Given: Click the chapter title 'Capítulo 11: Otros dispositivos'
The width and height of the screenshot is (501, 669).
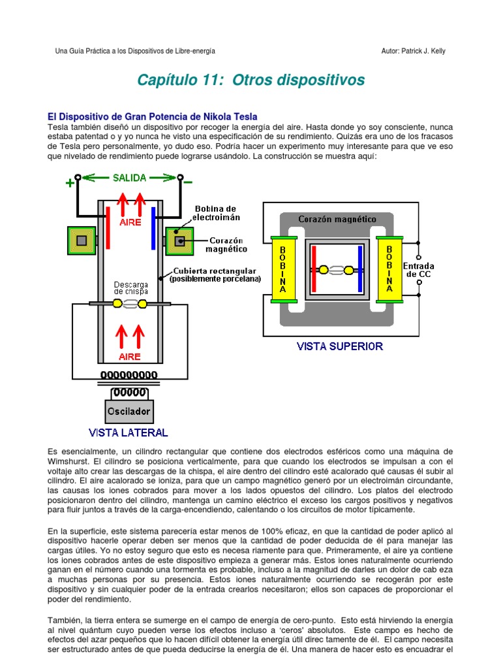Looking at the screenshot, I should tap(251, 80).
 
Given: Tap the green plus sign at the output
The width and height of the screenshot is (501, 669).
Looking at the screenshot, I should tap(70, 184).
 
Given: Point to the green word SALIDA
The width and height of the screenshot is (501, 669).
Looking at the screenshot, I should tap(130, 177).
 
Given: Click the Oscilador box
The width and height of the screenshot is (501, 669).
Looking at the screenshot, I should tap(129, 412).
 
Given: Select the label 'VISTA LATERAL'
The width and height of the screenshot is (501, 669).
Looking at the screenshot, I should tap(129, 432).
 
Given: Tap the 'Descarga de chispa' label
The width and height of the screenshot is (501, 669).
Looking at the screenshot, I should tap(131, 288).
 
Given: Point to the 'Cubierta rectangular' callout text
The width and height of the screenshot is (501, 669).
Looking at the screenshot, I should tap(215, 274).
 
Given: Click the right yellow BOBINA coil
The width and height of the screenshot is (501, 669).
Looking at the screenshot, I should tap(389, 269).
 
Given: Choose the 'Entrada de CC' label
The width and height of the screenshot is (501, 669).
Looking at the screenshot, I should tap(418, 270).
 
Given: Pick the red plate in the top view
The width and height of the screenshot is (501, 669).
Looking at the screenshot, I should tap(315, 269).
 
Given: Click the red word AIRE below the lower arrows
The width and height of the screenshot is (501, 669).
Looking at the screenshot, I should tap(129, 357).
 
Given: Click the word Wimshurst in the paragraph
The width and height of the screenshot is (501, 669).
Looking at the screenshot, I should tap(71, 461).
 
